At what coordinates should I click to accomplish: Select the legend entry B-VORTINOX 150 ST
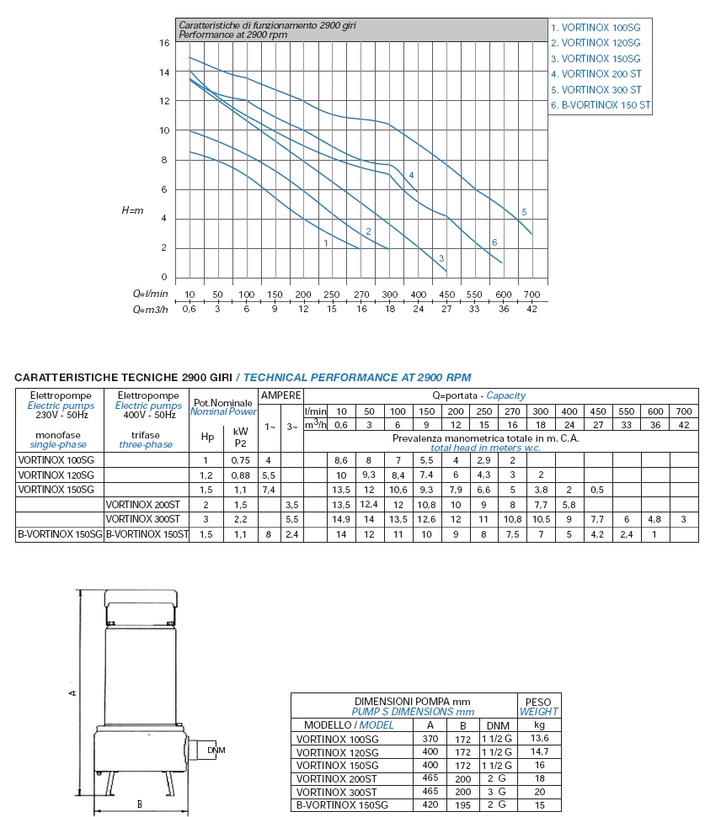point(601,105)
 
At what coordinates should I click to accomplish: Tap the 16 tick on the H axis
point(163,42)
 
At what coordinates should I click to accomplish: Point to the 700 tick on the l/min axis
point(531,294)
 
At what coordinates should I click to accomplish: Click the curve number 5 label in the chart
point(524,212)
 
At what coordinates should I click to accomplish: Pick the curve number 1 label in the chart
point(324,243)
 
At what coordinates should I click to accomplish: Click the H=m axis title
point(132,210)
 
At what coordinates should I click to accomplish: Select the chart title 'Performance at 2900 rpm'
point(233,35)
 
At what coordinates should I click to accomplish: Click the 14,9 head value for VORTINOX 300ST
point(341,519)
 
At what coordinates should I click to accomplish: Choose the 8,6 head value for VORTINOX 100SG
point(341,460)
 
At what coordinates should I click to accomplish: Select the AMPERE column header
point(280,395)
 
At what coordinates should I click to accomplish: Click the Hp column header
point(207,436)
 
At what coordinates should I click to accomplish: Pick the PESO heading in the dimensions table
point(538,702)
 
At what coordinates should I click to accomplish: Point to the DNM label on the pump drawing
point(216,750)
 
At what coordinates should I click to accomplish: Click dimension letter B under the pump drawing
point(139,804)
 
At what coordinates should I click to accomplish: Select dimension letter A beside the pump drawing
point(73,692)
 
